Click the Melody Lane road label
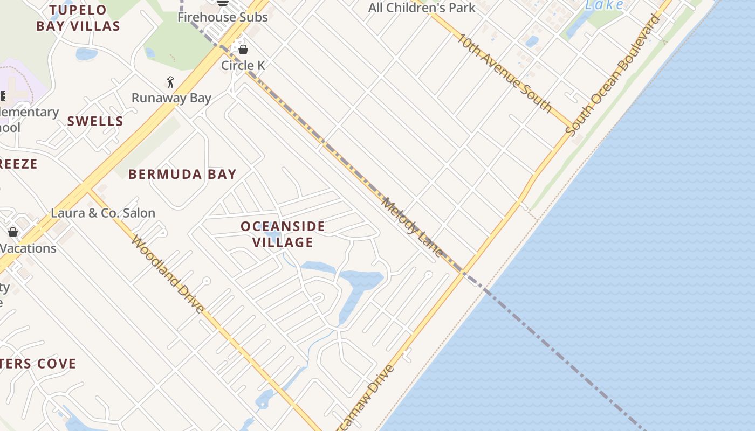412,227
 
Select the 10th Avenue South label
505,73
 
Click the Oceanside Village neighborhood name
283,234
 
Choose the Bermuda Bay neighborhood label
182,174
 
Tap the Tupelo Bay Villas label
78,18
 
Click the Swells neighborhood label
95,121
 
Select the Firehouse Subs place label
223,17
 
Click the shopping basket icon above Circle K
243,50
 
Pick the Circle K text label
243,65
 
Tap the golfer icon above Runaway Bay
170,82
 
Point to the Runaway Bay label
171,98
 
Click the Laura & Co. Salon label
103,213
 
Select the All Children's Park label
422,8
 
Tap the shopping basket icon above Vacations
13,232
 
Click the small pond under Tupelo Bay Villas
86,54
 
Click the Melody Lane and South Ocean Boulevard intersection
462,272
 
